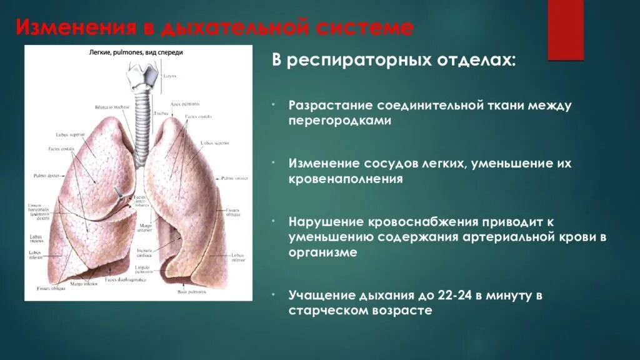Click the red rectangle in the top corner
coord(566,29)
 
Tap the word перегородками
coord(339,121)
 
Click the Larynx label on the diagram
coord(171,76)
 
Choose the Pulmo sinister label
coord(235,178)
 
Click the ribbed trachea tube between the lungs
coord(142,116)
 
